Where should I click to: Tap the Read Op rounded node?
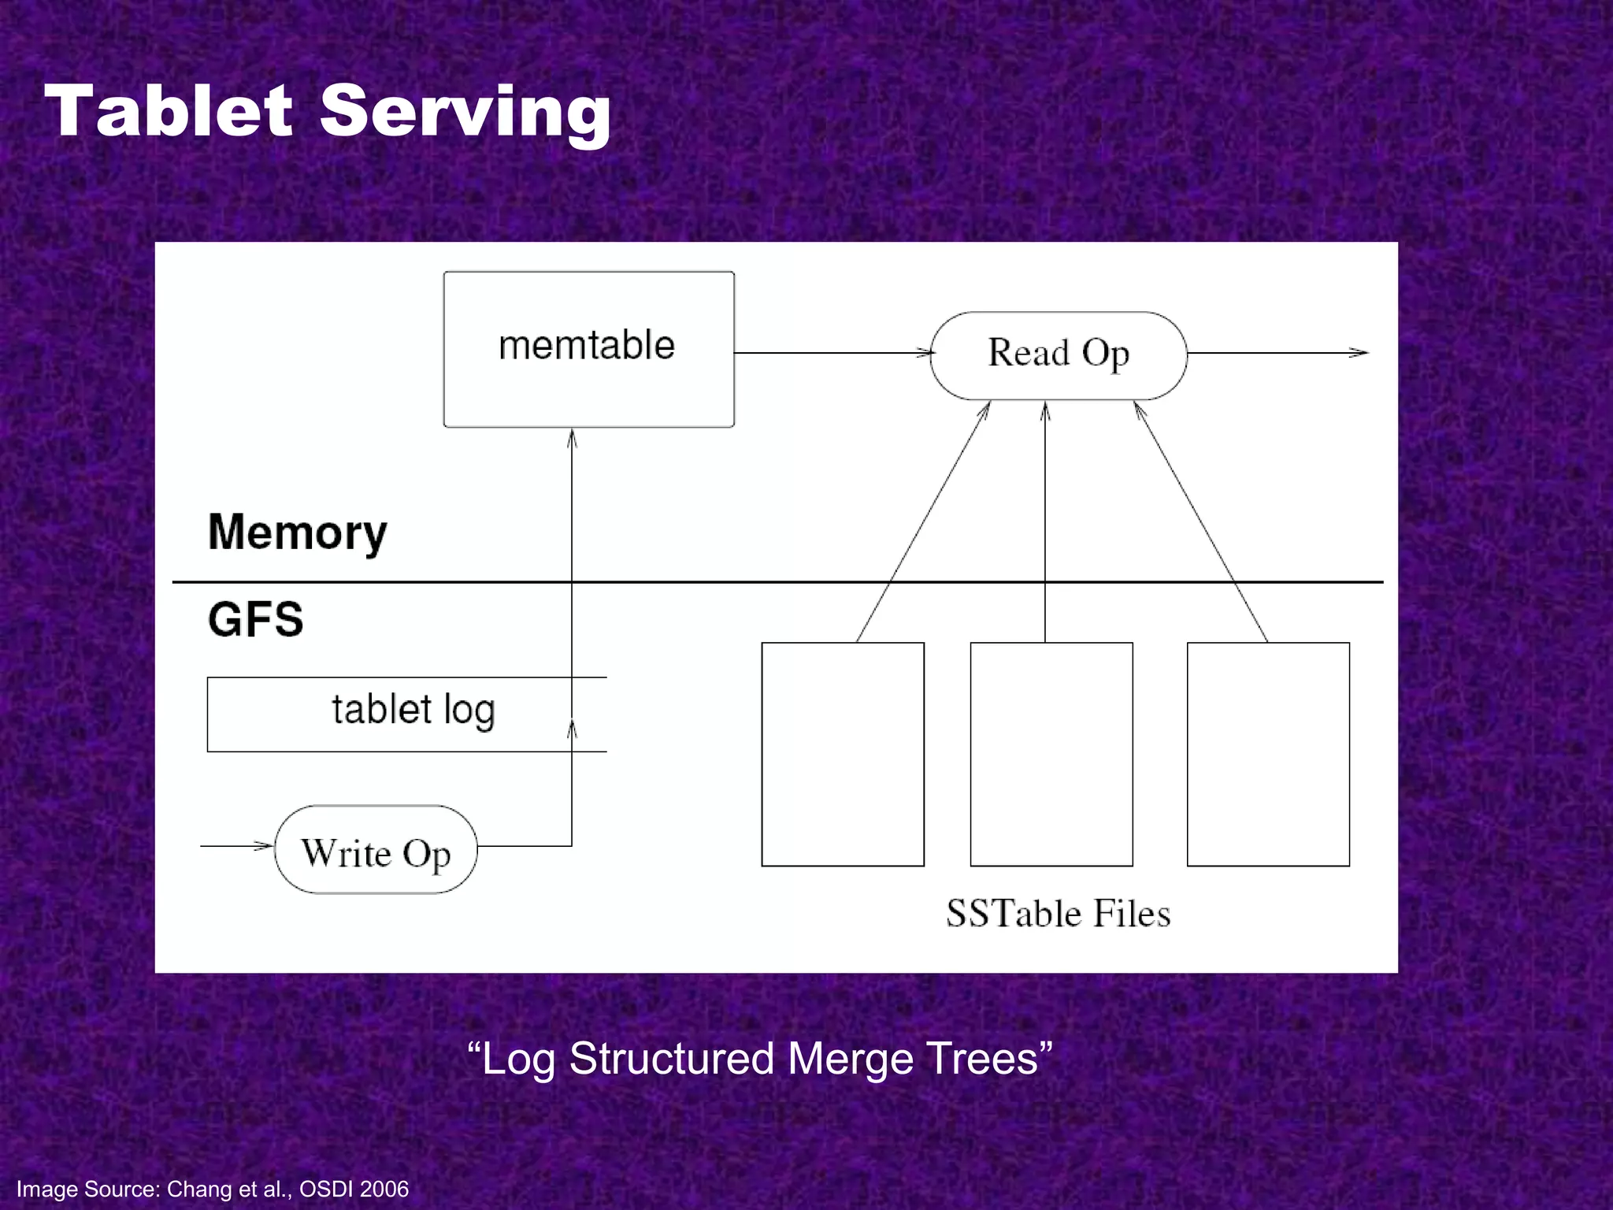[x=1058, y=354]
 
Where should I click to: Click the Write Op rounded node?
[x=376, y=850]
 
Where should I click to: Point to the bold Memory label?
[x=297, y=533]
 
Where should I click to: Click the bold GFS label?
[x=255, y=619]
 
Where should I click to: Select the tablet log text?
[x=413, y=710]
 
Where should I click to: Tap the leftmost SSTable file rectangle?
[x=842, y=754]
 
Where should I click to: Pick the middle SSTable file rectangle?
[x=1051, y=754]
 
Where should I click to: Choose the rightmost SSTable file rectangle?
[x=1267, y=754]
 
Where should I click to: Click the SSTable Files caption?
[x=1058, y=914]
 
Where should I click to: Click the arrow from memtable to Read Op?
[x=831, y=353]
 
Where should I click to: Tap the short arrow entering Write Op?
[x=236, y=846]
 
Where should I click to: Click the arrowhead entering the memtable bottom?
[x=572, y=438]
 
